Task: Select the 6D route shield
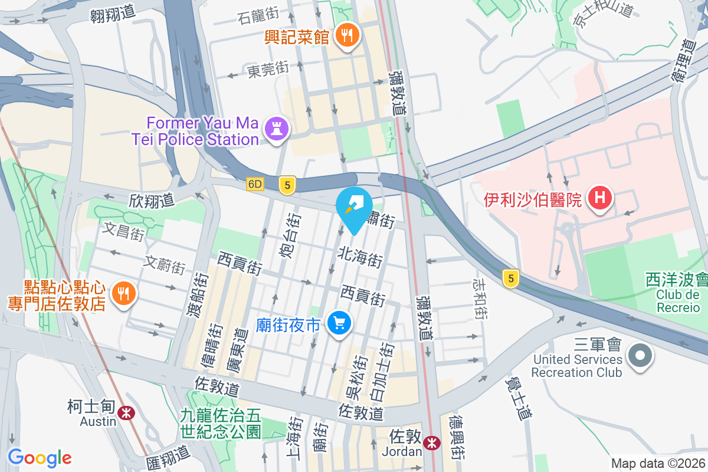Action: [x=255, y=184]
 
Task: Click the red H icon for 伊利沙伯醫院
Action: [x=600, y=198]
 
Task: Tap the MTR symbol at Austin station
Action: [x=125, y=413]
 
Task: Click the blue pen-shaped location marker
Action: [x=353, y=206]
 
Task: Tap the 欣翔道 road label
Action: [x=152, y=200]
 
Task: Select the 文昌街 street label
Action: [x=124, y=230]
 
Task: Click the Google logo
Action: [x=40, y=457]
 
